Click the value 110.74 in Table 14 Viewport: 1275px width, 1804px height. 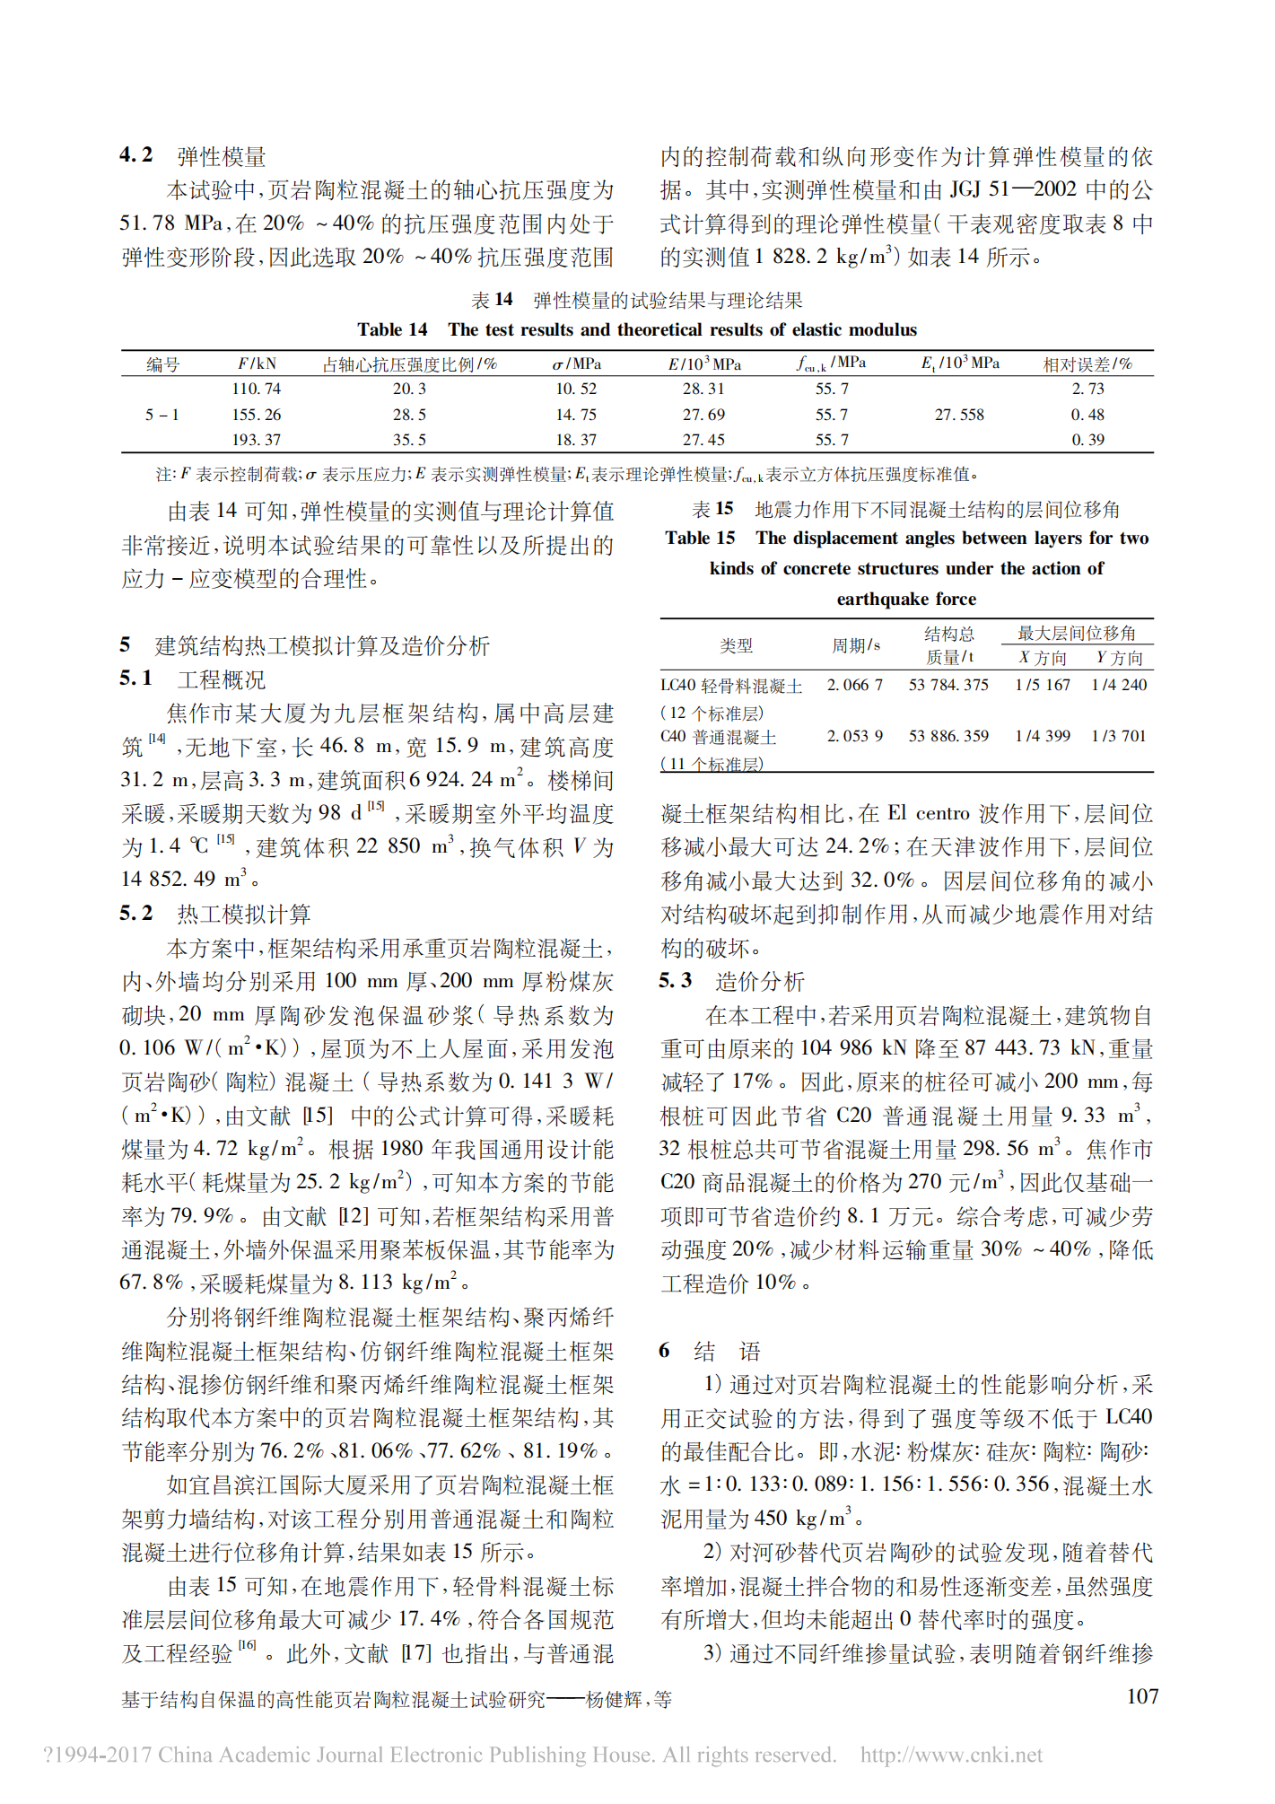click(x=256, y=389)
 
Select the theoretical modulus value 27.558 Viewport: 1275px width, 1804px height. click(x=958, y=415)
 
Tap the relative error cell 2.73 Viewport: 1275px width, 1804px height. click(x=1087, y=389)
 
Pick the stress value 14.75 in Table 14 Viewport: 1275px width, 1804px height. click(x=576, y=415)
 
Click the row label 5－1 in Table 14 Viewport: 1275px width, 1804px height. click(x=162, y=415)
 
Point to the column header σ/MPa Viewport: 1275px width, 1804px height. click(x=576, y=364)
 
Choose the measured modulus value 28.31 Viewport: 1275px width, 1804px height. click(x=703, y=389)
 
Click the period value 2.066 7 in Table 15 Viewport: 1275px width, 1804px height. click(x=854, y=685)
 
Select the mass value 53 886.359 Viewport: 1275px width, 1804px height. click(x=948, y=736)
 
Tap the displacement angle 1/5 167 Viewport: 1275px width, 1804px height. click(x=1043, y=685)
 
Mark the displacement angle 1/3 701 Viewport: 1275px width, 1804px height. click(x=1119, y=736)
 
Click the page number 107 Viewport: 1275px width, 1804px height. click(x=1142, y=1696)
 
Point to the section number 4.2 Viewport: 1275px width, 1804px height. click(x=136, y=155)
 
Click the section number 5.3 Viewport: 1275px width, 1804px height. click(x=675, y=980)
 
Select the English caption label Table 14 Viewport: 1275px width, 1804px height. click(x=392, y=329)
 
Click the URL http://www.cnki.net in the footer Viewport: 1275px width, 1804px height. click(x=951, y=1755)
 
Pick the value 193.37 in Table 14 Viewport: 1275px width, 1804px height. click(x=256, y=440)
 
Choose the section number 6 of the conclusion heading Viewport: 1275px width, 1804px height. click(x=664, y=1351)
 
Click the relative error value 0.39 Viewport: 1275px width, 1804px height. click(x=1087, y=440)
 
